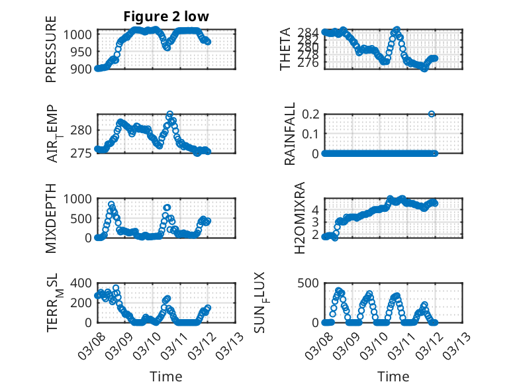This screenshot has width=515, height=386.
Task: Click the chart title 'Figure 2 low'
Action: click(x=165, y=17)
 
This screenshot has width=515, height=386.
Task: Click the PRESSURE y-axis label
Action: click(x=52, y=53)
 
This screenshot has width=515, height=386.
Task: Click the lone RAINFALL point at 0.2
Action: click(x=432, y=114)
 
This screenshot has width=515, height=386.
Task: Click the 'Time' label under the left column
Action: click(x=165, y=377)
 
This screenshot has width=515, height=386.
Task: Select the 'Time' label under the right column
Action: click(x=393, y=377)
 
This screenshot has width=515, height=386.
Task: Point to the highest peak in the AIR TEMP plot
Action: click(x=169, y=115)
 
